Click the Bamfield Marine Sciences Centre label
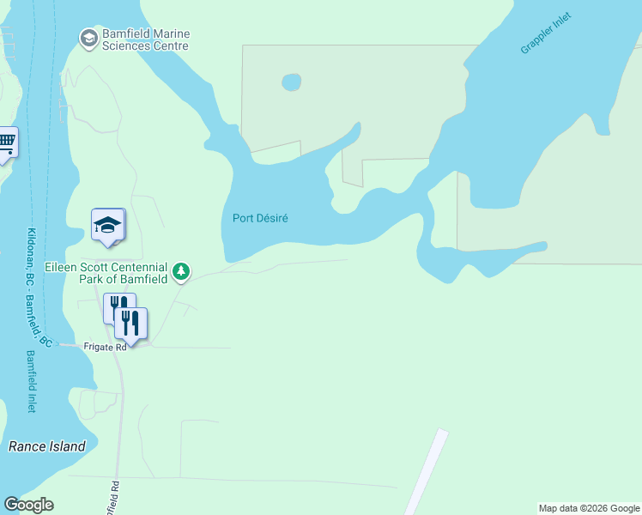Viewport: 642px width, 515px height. point(145,39)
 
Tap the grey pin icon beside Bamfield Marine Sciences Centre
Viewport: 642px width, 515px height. point(88,38)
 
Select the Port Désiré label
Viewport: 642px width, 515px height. point(260,218)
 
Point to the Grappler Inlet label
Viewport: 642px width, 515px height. point(545,34)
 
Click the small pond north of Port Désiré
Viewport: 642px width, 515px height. point(292,82)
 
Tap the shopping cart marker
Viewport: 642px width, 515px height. point(6,142)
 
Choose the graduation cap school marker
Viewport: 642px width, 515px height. point(108,225)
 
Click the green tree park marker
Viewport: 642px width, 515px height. point(181,272)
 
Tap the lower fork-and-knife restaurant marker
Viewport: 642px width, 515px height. point(130,323)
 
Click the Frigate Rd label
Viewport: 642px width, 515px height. point(105,346)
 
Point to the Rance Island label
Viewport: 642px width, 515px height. point(47,446)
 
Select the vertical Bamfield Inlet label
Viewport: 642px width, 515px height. point(30,381)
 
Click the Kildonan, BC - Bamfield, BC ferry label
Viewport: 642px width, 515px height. point(33,288)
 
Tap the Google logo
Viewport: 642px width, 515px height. point(29,505)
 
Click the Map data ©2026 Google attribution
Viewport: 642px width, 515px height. point(589,508)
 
